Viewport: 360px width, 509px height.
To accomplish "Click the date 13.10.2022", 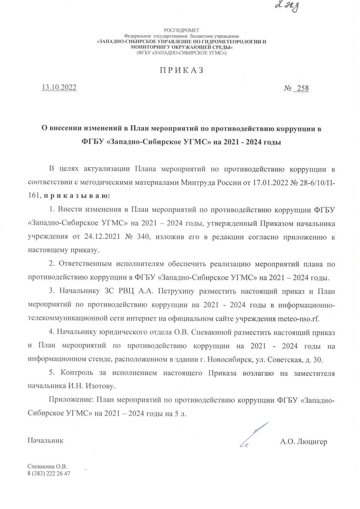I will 59,87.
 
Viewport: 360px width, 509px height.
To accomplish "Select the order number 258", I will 301,88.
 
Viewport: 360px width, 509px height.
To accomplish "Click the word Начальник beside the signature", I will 46,440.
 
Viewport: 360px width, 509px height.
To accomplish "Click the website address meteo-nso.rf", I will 298,318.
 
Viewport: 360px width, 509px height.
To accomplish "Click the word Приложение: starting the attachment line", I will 70,399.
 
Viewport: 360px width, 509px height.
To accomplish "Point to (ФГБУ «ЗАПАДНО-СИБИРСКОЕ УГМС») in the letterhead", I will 182,52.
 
